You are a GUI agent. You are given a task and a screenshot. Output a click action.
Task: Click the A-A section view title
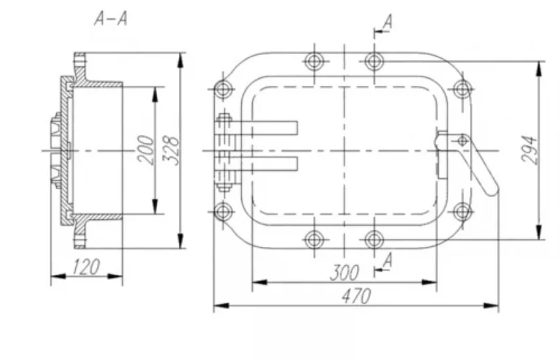click(111, 18)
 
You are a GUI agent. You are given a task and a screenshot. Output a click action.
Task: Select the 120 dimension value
click(86, 267)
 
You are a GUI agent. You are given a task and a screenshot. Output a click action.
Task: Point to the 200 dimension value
click(147, 150)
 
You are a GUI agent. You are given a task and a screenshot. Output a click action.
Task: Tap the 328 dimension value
click(171, 150)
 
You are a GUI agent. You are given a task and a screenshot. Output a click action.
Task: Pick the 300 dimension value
click(345, 273)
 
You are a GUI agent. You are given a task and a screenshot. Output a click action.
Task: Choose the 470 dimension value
click(356, 296)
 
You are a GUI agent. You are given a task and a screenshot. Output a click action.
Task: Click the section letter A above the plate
click(388, 22)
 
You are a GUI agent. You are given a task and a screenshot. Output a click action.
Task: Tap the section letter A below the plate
click(388, 260)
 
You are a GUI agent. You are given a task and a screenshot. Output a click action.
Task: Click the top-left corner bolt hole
click(223, 89)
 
